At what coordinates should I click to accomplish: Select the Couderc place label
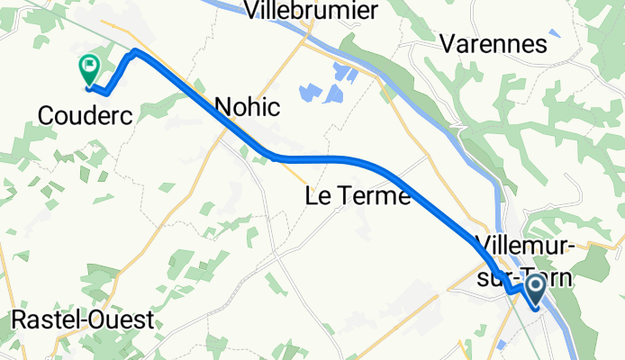[86, 114]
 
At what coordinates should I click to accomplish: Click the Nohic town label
[247, 107]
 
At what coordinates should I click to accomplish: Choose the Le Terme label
[358, 195]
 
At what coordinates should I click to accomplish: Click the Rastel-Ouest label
[82, 320]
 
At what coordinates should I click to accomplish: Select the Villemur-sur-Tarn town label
[525, 261]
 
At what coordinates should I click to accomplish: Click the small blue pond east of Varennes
[554, 33]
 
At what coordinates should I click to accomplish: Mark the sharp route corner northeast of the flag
[135, 51]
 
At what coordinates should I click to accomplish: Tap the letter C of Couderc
[46, 114]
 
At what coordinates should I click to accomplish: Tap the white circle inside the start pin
[534, 287]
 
